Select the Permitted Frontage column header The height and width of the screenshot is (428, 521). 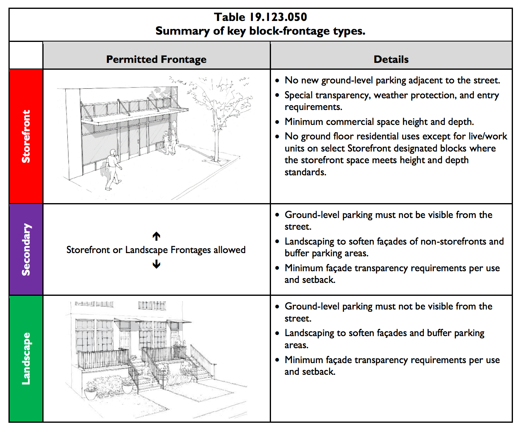tap(156, 59)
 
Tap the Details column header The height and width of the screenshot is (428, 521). tap(391, 59)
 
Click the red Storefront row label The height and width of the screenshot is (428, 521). tap(26, 136)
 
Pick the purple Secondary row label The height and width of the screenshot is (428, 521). tap(26, 249)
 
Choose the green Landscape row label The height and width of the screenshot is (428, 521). tap(26, 358)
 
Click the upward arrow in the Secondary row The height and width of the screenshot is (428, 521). tap(156, 236)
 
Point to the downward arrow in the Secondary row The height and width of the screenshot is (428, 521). tap(156, 264)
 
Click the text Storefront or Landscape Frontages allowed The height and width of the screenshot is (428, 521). tap(156, 250)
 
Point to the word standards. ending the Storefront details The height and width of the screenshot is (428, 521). tap(305, 172)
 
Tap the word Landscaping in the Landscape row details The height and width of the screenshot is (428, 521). tap(309, 333)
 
